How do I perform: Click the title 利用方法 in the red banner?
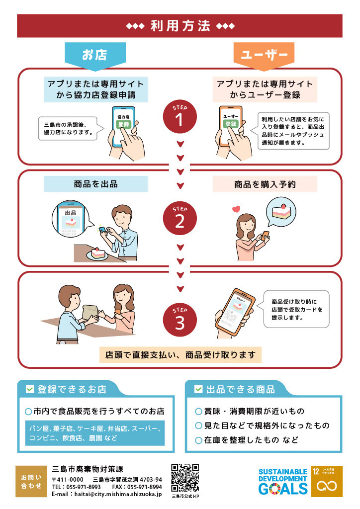(x=180, y=26)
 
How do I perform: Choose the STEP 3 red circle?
(x=180, y=320)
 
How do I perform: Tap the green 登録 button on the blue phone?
(x=123, y=124)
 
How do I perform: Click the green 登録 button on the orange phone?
(x=231, y=124)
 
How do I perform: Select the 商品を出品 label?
(x=95, y=184)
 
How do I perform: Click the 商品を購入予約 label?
(x=265, y=184)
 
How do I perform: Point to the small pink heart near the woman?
(x=236, y=209)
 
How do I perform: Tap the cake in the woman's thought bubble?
(x=282, y=211)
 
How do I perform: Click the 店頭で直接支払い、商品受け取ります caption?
(x=180, y=355)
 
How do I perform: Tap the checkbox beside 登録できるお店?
(x=29, y=389)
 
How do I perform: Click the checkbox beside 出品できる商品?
(x=198, y=389)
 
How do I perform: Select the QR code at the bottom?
(x=185, y=477)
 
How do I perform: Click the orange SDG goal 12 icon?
(x=326, y=481)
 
